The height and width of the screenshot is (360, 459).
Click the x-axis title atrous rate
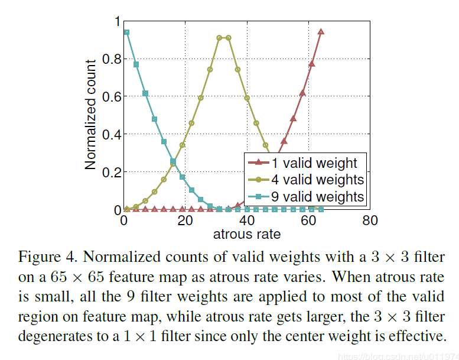[246, 234]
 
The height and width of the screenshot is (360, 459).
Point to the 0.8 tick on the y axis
[110, 59]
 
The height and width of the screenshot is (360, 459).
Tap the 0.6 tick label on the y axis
[110, 97]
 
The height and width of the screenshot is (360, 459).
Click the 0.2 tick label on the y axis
[110, 172]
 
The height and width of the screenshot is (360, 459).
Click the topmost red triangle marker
[321, 32]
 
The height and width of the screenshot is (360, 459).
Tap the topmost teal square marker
[126, 32]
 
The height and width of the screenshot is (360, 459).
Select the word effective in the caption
[417, 336]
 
